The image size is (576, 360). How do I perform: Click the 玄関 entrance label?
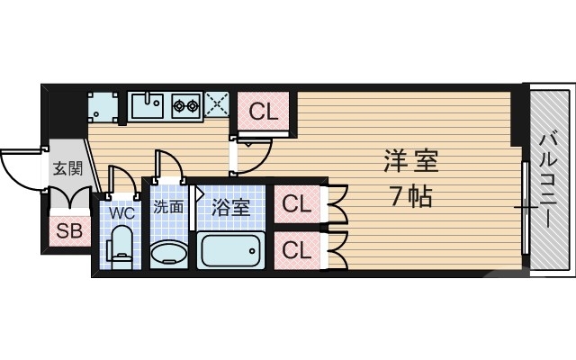point(67,167)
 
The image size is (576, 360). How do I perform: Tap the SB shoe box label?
point(68,230)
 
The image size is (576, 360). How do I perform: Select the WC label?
point(121,213)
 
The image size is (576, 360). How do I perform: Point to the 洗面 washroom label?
point(167,206)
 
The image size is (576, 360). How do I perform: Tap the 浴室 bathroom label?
point(230,207)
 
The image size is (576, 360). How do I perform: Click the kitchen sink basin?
point(147,107)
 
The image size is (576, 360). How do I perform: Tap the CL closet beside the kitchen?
point(263,112)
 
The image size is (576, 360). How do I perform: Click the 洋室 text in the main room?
point(410,162)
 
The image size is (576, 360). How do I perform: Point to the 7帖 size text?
point(410,195)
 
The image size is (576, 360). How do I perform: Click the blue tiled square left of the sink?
point(102,107)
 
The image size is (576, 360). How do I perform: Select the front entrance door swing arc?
point(20,169)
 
